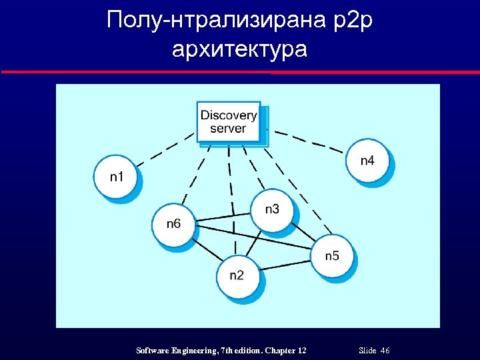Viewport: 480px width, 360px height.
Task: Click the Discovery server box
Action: [229, 122]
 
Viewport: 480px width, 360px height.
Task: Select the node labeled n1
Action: [116, 177]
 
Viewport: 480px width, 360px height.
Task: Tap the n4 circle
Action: [367, 161]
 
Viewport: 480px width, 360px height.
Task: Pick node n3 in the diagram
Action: [272, 210]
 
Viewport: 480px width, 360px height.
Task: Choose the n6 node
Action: [173, 224]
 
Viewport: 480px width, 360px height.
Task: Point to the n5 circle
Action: [332, 256]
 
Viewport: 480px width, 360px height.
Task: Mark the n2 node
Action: [237, 276]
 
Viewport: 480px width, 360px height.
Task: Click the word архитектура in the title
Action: [239, 49]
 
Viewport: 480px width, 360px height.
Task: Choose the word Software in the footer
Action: [153, 351]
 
